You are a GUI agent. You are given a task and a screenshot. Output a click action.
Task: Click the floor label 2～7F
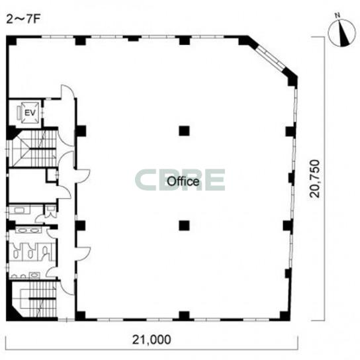point(23,20)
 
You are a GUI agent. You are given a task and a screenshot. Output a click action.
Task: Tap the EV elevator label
point(30,112)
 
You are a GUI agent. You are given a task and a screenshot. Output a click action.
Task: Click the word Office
point(183,181)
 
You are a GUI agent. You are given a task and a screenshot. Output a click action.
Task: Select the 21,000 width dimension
point(152,339)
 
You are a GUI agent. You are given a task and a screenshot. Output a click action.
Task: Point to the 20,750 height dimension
point(314,179)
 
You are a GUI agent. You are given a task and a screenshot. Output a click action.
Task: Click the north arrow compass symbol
point(342,32)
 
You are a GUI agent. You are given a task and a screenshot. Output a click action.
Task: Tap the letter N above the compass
point(337,16)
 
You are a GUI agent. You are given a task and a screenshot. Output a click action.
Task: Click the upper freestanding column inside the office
point(184,131)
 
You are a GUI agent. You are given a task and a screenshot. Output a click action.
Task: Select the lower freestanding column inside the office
point(184,226)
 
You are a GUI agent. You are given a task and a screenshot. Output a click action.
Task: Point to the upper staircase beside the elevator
point(34,148)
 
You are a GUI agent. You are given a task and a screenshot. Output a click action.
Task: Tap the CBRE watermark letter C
point(145,180)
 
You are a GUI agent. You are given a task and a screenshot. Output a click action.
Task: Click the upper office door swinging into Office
point(82,176)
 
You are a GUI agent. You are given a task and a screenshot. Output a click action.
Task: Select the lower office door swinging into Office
point(83,254)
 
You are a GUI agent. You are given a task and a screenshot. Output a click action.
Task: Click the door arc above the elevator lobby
point(67,92)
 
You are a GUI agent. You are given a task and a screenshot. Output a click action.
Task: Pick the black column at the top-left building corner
point(11,40)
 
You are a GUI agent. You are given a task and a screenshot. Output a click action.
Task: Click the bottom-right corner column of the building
point(285,316)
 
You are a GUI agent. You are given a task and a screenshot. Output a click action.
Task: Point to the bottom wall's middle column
point(184,316)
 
